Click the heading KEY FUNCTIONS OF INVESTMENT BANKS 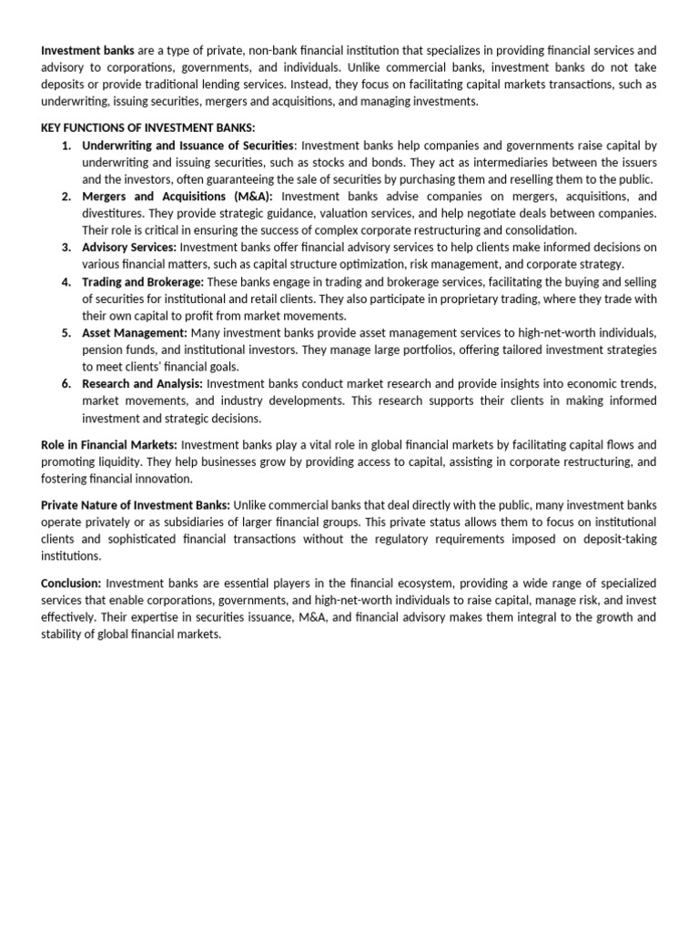[x=148, y=127]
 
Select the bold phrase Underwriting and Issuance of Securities [x=187, y=146]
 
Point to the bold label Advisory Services [x=129, y=247]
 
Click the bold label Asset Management [x=135, y=333]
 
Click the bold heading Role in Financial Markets [x=109, y=445]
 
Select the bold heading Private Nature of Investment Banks [x=136, y=505]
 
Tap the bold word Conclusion [x=72, y=582]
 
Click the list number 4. [x=66, y=281]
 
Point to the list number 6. [x=66, y=384]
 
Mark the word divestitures [x=113, y=213]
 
